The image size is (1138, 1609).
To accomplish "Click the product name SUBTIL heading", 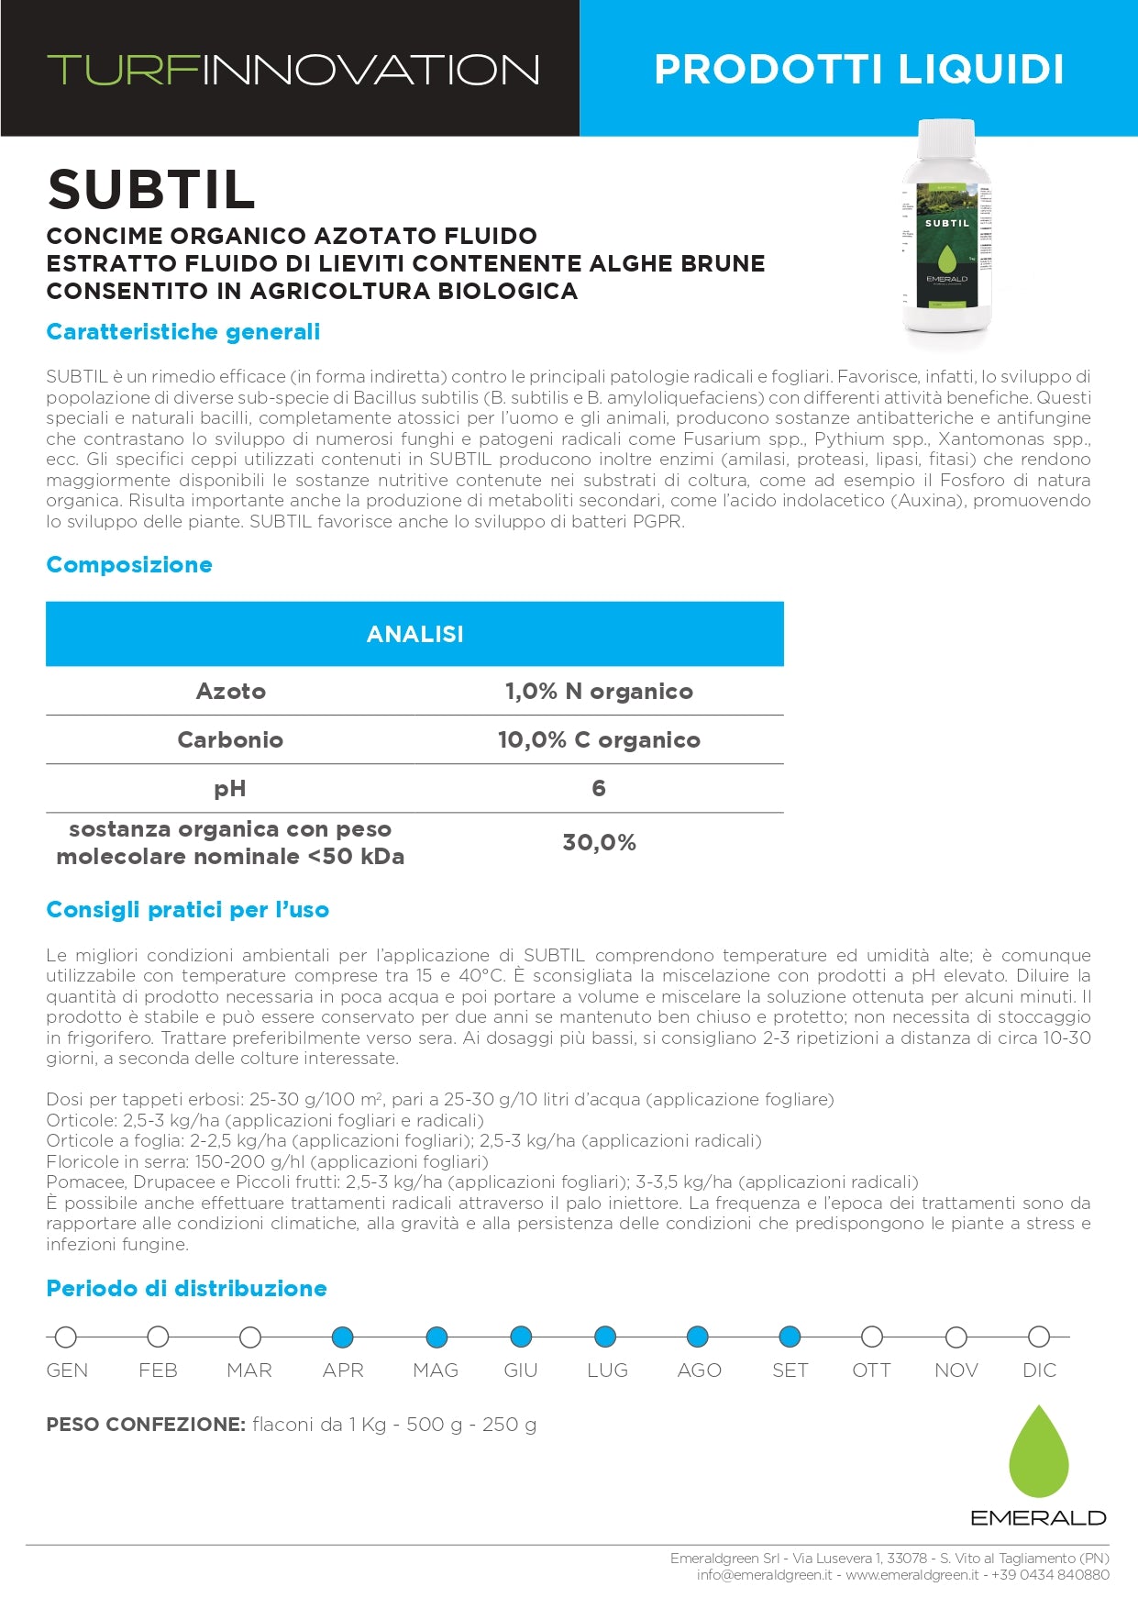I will tap(151, 190).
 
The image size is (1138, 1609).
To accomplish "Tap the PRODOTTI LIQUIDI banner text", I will tap(858, 70).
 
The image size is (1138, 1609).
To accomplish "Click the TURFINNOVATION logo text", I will tap(293, 71).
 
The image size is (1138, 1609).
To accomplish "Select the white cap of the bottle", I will tap(946, 139).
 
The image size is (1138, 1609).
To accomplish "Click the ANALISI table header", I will tap(414, 634).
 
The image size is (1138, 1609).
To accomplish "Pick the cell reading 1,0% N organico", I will tap(599, 692).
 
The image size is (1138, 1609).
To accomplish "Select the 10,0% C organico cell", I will tap(599, 740).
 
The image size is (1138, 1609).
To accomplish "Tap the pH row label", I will tap(230, 789).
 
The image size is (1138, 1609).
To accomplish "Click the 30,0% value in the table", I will tap(599, 843).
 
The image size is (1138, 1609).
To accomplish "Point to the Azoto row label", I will tap(230, 692).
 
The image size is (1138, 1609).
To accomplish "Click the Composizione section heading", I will tap(129, 565).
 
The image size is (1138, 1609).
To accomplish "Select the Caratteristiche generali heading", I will tap(183, 332).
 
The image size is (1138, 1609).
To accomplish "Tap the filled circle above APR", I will tap(343, 1337).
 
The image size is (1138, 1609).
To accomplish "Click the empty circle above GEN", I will tap(66, 1337).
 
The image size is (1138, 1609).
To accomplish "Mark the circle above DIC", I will tap(1039, 1337).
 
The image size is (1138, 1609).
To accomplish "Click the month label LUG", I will tap(607, 1370).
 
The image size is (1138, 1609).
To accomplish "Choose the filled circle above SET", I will tap(790, 1337).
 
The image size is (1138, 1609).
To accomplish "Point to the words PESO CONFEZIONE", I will tap(146, 1425).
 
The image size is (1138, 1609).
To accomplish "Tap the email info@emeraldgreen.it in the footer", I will tap(764, 1575).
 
